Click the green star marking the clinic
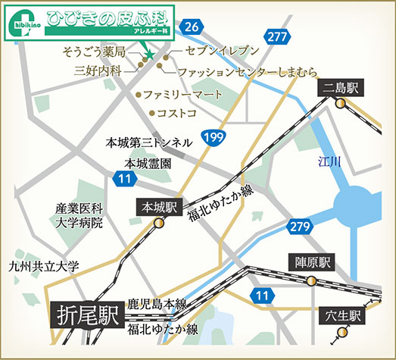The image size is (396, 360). (x=149, y=55)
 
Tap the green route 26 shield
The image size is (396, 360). (x=192, y=27)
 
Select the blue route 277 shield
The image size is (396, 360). (x=278, y=36)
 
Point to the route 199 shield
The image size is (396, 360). (x=214, y=138)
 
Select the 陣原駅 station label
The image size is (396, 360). (x=313, y=264)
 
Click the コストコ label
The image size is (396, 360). (x=176, y=113)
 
